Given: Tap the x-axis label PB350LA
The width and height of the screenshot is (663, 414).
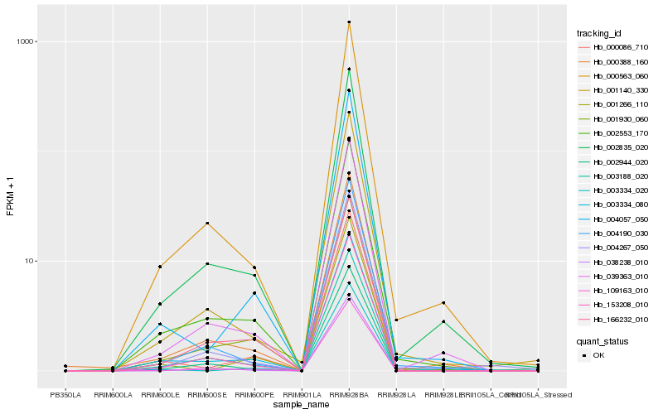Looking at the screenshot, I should click(x=65, y=394).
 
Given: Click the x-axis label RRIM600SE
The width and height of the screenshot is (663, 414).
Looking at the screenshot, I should click(x=207, y=394).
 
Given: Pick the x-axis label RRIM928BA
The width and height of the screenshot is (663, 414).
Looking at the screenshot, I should click(x=349, y=394).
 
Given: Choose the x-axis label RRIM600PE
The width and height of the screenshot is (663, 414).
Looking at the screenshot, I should click(x=254, y=394).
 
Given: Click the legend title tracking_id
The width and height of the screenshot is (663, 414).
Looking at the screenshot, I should click(x=599, y=33).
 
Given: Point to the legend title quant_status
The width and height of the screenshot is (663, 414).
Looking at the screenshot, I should click(x=603, y=341).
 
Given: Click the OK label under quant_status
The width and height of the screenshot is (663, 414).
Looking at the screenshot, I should click(x=599, y=355).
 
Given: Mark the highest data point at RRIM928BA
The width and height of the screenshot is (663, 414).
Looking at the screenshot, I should click(x=349, y=22).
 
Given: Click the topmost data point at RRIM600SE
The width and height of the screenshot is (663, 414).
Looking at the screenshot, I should click(x=207, y=223).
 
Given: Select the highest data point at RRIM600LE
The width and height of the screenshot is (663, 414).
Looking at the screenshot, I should click(x=160, y=267).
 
